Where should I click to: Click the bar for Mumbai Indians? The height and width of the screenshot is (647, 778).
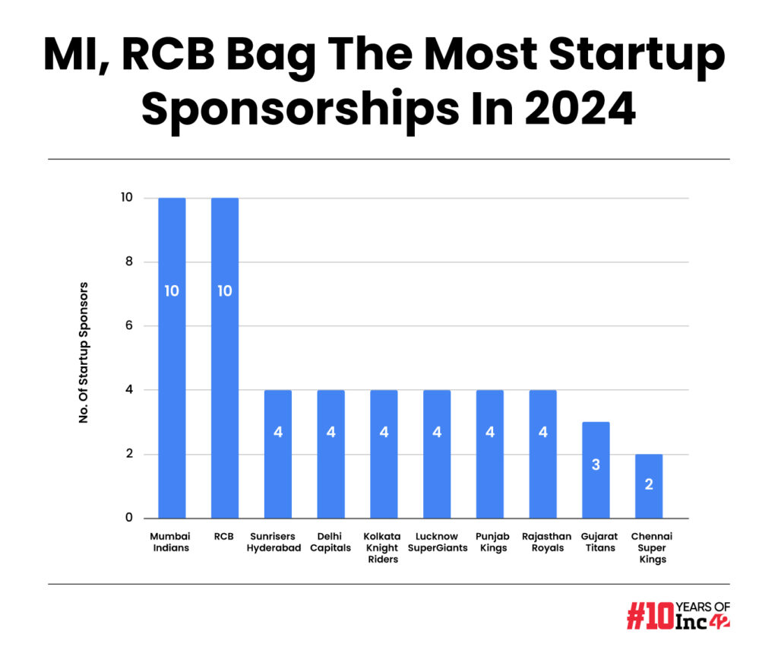pyautogui.click(x=172, y=357)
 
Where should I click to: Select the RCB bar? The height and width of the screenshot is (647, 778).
pyautogui.click(x=225, y=357)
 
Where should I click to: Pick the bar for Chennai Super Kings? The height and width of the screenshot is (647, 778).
pyautogui.click(x=649, y=486)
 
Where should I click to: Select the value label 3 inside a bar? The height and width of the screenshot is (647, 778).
pyautogui.click(x=596, y=465)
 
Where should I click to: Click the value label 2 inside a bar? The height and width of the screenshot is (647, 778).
pyautogui.click(x=649, y=484)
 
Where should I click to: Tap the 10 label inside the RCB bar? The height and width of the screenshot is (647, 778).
pyautogui.click(x=225, y=291)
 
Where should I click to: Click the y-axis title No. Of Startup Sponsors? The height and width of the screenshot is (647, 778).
pyautogui.click(x=84, y=353)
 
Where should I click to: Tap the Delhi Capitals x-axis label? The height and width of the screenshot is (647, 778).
pyautogui.click(x=330, y=542)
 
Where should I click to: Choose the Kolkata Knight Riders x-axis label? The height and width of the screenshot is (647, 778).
pyautogui.click(x=384, y=547)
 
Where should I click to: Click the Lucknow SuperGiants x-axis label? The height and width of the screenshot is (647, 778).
pyautogui.click(x=437, y=542)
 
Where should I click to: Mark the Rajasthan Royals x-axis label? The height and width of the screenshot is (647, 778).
pyautogui.click(x=543, y=542)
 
